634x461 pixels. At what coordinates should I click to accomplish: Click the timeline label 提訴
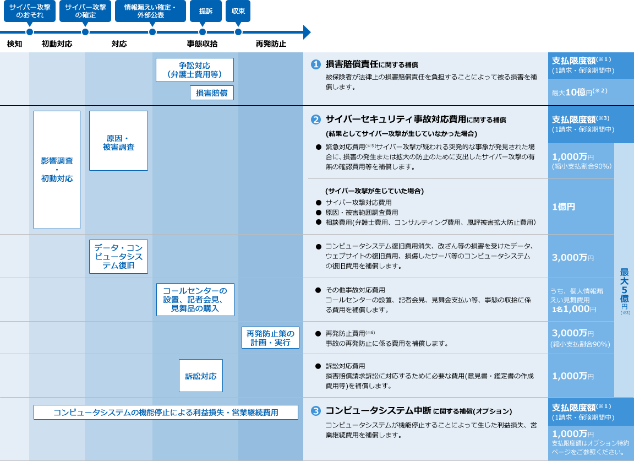[x=206, y=11]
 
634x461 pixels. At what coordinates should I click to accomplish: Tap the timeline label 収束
[x=238, y=11]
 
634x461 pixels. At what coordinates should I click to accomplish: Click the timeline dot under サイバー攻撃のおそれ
[x=30, y=32]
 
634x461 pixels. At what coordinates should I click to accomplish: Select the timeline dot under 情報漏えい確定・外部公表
[x=152, y=32]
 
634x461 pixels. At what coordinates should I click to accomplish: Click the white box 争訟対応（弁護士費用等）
[x=195, y=70]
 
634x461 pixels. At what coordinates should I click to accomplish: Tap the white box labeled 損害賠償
[x=212, y=93]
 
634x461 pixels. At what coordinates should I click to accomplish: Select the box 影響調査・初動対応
[x=57, y=170]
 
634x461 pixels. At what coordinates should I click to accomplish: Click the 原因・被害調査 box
[x=118, y=141]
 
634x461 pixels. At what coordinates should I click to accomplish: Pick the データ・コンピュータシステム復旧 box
[x=118, y=257]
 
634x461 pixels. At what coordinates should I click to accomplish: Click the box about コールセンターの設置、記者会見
[x=195, y=300]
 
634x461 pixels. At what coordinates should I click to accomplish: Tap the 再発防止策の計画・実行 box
[x=270, y=338]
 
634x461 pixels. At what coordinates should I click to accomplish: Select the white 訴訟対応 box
[x=200, y=376]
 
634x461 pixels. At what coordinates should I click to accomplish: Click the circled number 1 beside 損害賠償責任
[x=315, y=64]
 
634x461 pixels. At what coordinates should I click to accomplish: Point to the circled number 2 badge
[x=315, y=120]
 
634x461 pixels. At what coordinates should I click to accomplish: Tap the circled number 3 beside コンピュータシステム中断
[x=315, y=411]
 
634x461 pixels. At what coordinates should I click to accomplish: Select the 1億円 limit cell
[x=564, y=207]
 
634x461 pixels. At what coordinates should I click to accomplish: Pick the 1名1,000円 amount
[x=574, y=310]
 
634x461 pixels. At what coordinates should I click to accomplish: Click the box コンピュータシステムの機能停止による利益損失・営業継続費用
[x=166, y=412]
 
